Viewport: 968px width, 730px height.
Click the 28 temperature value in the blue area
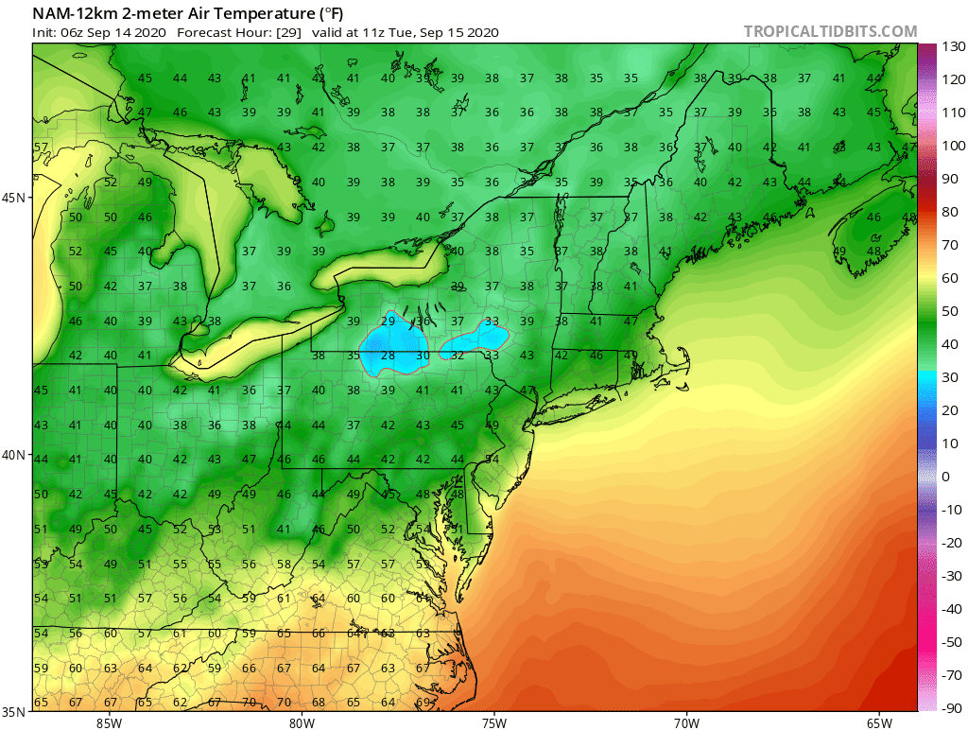(x=388, y=356)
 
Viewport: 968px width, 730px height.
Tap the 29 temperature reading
(x=388, y=322)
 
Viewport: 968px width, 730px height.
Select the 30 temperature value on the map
(x=423, y=356)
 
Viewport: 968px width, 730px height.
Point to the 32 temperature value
(x=458, y=356)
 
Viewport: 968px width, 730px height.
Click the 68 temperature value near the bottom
(x=319, y=702)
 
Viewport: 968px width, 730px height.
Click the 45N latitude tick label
(x=15, y=198)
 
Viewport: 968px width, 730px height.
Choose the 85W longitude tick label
(x=109, y=723)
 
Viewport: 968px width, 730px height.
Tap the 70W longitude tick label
(x=686, y=723)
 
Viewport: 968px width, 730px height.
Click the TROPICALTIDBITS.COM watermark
(x=830, y=31)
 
